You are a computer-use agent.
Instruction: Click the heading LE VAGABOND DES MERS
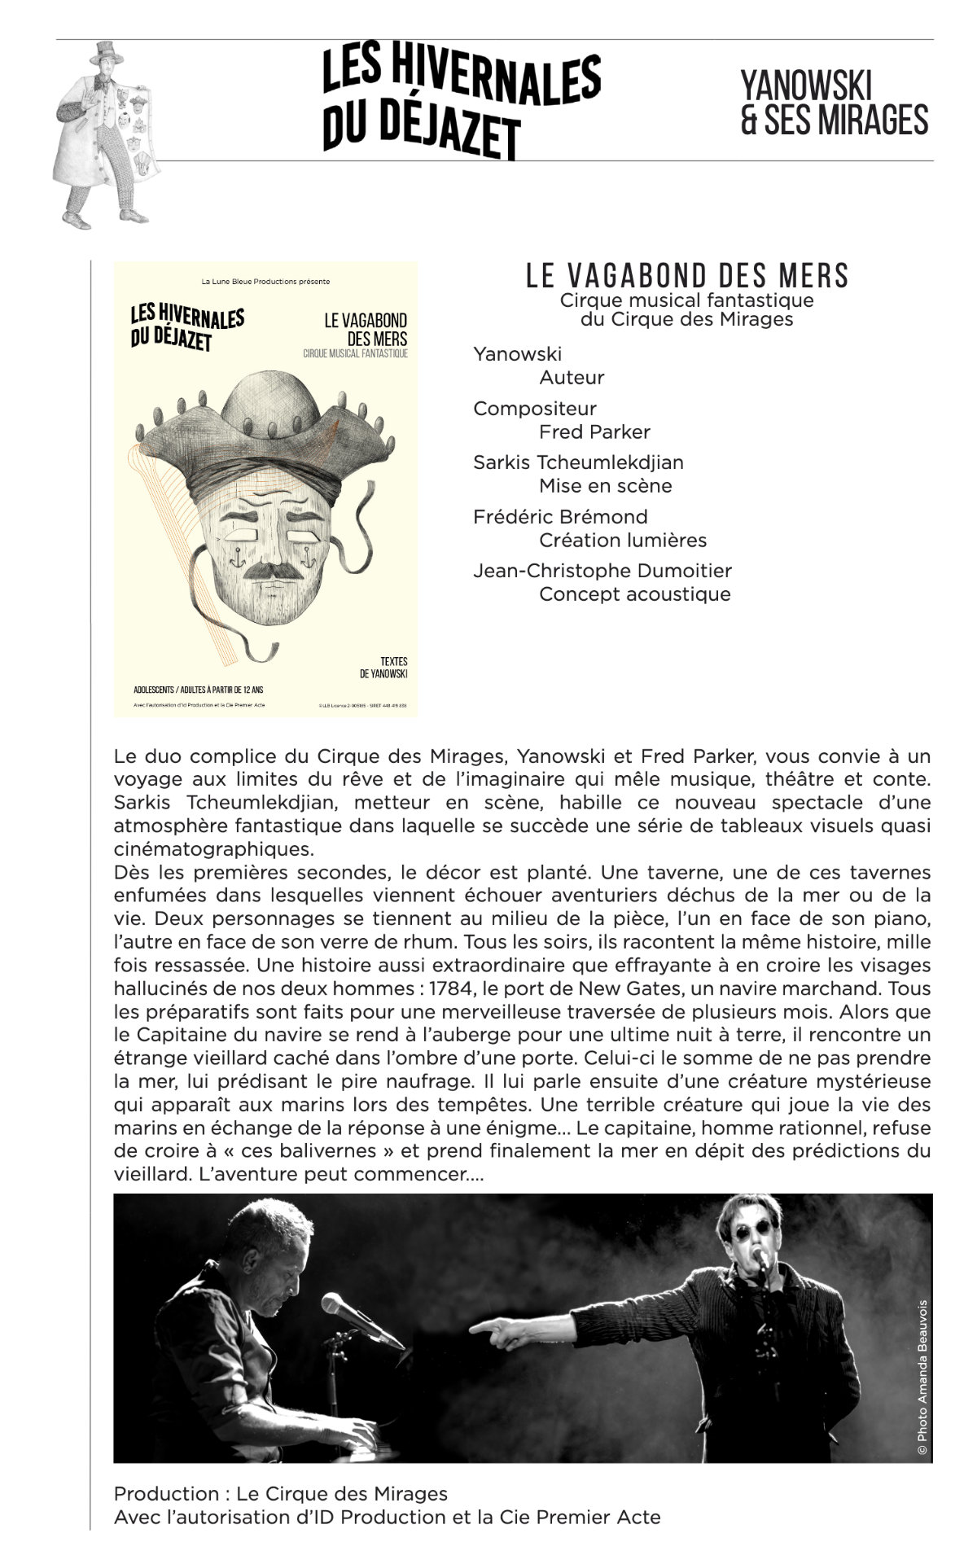pyautogui.click(x=686, y=276)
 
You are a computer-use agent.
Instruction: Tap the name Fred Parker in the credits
pyautogui.click(x=594, y=432)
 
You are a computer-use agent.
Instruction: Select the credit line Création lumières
pyautogui.click(x=622, y=540)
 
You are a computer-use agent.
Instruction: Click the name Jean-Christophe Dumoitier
pyautogui.click(x=602, y=571)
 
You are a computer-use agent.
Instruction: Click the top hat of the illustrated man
pyautogui.click(x=106, y=55)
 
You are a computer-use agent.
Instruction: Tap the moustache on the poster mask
pyautogui.click(x=267, y=570)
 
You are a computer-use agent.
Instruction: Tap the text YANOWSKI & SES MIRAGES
pyautogui.click(x=834, y=103)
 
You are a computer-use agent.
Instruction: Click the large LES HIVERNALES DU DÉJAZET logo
pyautogui.click(x=461, y=102)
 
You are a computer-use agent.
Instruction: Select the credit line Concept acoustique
pyautogui.click(x=634, y=594)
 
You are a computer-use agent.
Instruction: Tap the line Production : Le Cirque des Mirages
pyautogui.click(x=281, y=1494)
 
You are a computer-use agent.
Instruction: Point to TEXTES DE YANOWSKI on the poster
pyautogui.click(x=383, y=668)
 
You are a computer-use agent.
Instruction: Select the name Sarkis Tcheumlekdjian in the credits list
pyautogui.click(x=578, y=462)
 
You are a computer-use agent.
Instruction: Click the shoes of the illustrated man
pyautogui.click(x=106, y=218)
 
